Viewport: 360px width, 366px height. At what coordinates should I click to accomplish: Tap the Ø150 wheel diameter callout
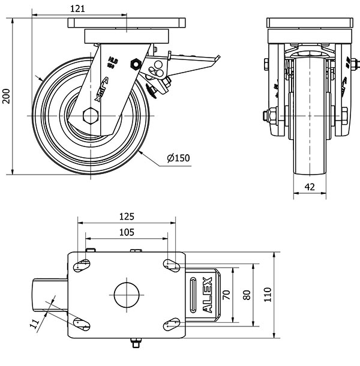pos(178,158)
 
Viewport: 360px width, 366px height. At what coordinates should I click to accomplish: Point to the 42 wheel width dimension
pos(310,187)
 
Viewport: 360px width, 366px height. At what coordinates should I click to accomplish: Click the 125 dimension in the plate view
pos(127,216)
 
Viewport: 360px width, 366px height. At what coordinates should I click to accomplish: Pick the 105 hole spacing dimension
pos(127,232)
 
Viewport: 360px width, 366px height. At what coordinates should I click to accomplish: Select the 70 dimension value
pos(226,295)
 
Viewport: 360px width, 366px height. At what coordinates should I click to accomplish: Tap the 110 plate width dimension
pos(267,295)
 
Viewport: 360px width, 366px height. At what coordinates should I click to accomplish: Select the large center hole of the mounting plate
pos(127,295)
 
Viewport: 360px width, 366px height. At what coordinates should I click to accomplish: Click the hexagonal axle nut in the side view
pos(91,115)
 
